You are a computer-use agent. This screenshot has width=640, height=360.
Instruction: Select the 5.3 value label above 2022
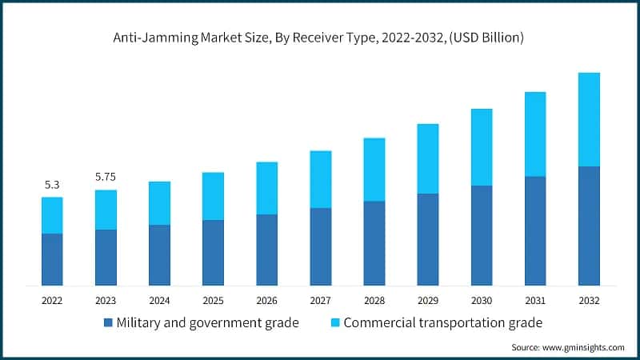[x=52, y=185]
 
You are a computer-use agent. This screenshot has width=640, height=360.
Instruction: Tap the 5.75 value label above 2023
[x=106, y=177]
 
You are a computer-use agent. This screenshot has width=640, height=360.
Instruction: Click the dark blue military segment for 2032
[x=589, y=226]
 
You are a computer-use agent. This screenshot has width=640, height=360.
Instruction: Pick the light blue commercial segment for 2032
[x=589, y=119]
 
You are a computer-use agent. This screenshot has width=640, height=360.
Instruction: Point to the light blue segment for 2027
[x=320, y=179]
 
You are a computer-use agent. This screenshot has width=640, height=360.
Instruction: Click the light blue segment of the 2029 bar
[x=427, y=158]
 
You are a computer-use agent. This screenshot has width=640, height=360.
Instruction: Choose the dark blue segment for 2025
[x=213, y=253]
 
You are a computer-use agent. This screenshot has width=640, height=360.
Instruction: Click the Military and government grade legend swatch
[x=108, y=323]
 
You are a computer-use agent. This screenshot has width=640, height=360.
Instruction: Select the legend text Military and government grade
[x=207, y=323]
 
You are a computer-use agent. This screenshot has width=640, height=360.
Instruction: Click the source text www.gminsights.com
[x=568, y=347]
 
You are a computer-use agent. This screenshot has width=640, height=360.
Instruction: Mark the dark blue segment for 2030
[x=481, y=235]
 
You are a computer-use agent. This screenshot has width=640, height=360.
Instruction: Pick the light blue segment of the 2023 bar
[x=106, y=210]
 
